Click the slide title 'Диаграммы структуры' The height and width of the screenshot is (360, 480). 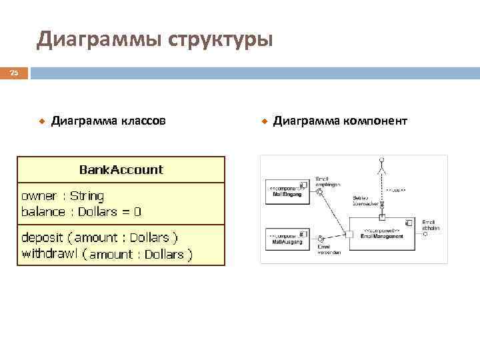click(x=155, y=39)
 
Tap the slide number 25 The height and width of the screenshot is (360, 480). click(x=13, y=73)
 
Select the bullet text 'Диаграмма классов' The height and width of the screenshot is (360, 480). click(x=109, y=121)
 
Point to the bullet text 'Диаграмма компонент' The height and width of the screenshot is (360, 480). click(x=340, y=121)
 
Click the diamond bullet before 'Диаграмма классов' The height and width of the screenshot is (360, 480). click(x=41, y=121)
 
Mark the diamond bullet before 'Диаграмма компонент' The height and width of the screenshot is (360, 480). click(x=264, y=121)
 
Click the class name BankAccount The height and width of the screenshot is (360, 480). click(x=121, y=169)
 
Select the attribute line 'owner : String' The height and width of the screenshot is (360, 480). click(x=63, y=196)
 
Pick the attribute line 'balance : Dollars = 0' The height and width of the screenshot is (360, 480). click(x=81, y=212)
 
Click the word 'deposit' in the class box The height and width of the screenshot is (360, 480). click(x=44, y=237)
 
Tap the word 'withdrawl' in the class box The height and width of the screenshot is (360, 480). click(x=48, y=253)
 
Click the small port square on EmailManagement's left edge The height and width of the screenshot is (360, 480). click(x=349, y=234)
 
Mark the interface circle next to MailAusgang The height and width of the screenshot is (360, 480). click(x=321, y=238)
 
